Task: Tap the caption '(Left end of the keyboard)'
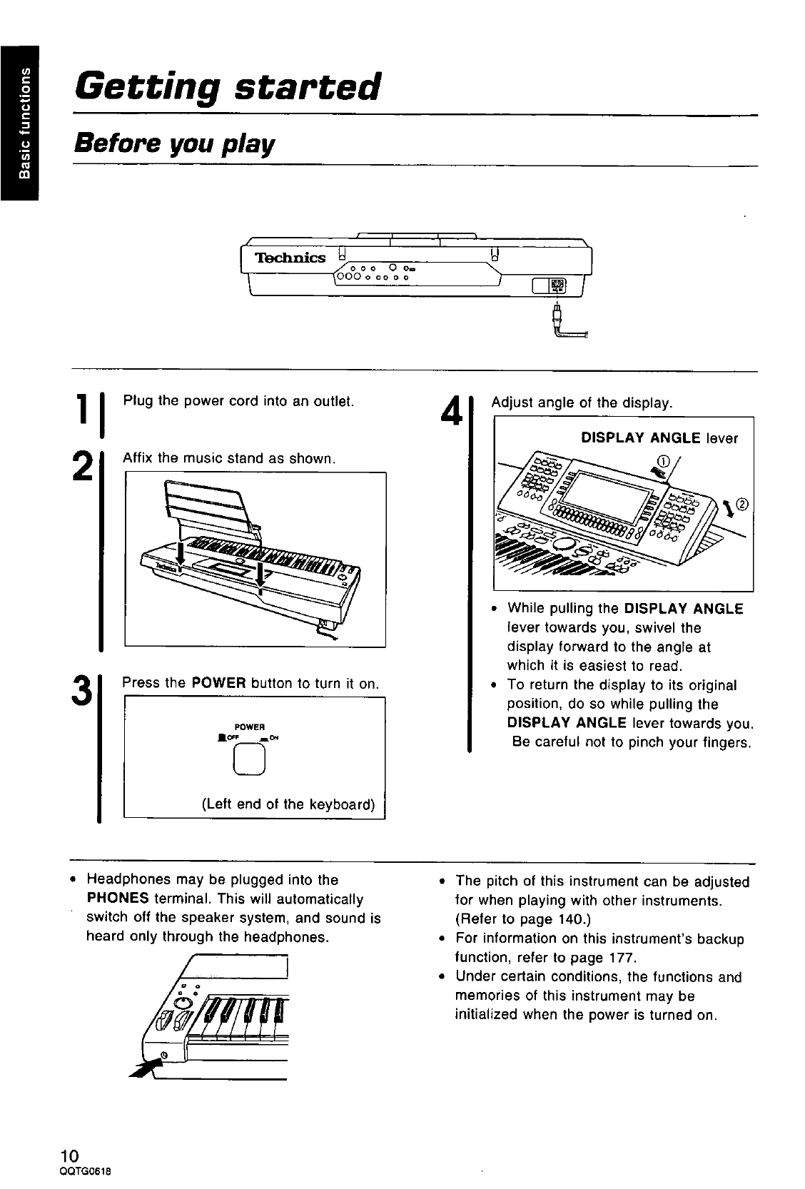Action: pos(288,804)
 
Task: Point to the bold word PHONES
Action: pos(117,899)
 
